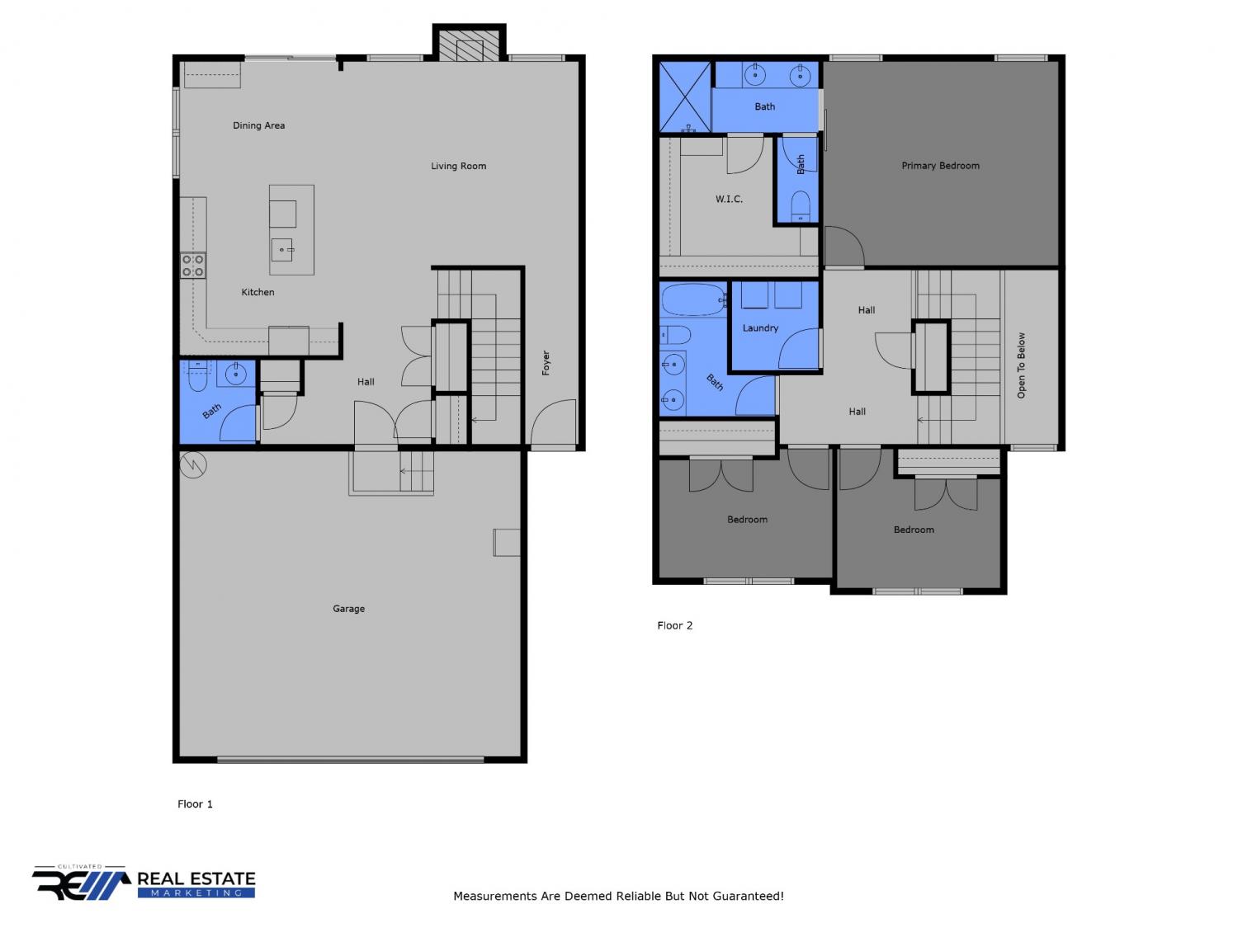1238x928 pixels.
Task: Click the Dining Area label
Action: click(258, 125)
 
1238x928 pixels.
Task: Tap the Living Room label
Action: click(458, 166)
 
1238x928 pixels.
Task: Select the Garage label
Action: click(348, 609)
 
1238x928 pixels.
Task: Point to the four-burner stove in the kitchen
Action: click(193, 266)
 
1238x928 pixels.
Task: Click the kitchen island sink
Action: click(282, 250)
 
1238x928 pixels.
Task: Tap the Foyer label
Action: click(546, 362)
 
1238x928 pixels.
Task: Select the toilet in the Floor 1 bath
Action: click(196, 376)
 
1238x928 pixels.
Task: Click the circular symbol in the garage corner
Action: click(193, 464)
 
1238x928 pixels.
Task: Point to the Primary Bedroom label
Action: click(940, 166)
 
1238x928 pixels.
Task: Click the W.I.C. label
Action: click(729, 199)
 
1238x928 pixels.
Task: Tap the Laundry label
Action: click(760, 328)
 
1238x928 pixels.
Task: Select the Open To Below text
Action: click(1021, 365)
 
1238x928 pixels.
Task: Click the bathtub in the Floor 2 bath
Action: click(694, 299)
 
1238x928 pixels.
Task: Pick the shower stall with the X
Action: click(685, 97)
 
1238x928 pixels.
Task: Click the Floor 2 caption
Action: click(674, 625)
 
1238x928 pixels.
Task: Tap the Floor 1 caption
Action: click(195, 804)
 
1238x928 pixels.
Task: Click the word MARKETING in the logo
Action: click(196, 893)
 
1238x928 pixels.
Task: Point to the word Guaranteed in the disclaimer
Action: click(749, 896)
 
